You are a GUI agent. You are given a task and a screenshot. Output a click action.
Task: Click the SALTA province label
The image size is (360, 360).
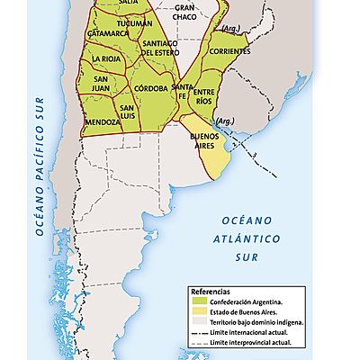[x=129, y=4]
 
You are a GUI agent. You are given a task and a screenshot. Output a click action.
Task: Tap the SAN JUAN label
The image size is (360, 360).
[x=108, y=84]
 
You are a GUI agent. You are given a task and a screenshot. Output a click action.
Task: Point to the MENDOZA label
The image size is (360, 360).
[x=102, y=121]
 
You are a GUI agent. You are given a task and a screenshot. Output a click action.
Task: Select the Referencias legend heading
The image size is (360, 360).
[x=210, y=292]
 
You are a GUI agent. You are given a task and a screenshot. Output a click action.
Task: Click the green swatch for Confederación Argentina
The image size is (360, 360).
[x=197, y=302]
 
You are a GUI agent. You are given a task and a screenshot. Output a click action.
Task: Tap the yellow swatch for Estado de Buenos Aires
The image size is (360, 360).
[x=197, y=312]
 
